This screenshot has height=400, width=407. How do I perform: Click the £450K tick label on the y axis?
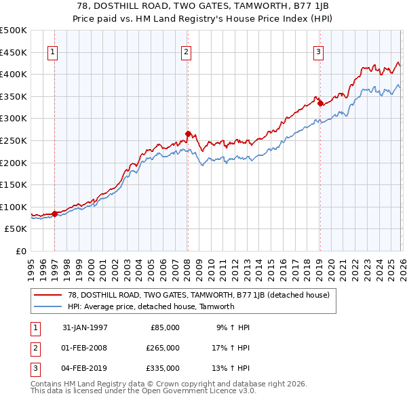(14, 52)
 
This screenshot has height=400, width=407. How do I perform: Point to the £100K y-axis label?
(14, 207)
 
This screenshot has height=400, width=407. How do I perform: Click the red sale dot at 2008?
(188, 134)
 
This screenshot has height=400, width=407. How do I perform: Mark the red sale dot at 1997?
(55, 214)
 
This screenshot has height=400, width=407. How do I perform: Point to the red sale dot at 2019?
(320, 103)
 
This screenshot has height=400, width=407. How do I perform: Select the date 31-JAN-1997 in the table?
(85, 327)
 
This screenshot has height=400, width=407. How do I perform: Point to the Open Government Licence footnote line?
(144, 392)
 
